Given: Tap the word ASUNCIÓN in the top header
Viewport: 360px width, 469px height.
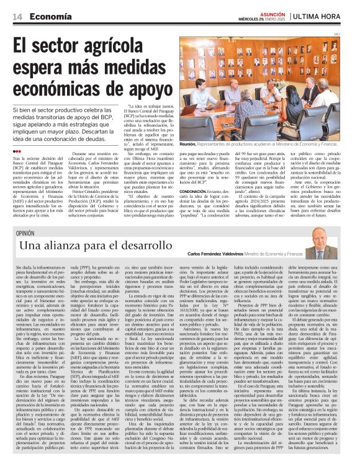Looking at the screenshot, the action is [268, 12].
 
